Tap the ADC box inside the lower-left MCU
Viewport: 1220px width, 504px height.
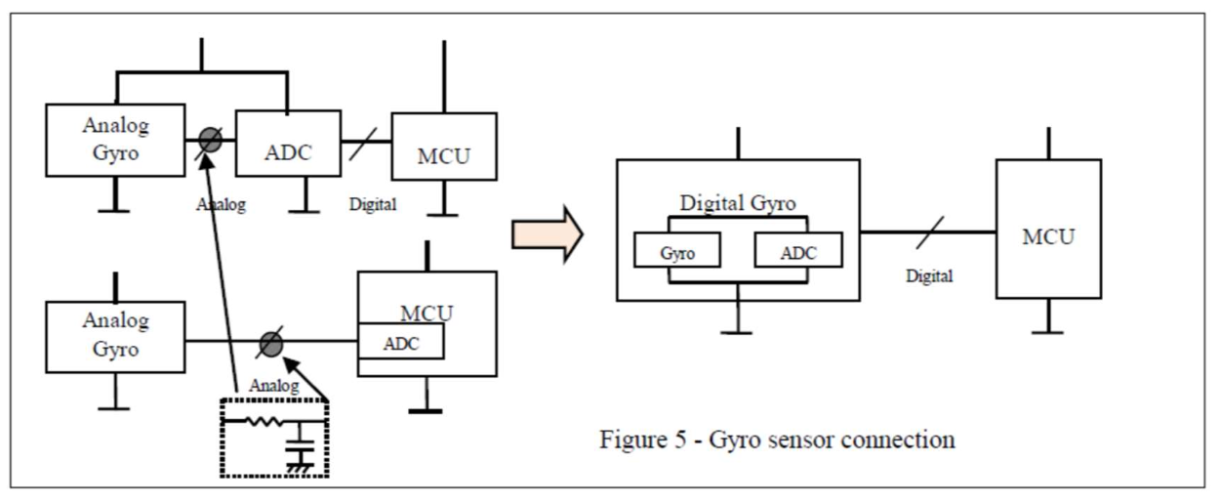pos(401,343)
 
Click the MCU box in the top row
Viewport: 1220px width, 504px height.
pos(444,147)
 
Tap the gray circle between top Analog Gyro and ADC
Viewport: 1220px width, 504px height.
pos(211,140)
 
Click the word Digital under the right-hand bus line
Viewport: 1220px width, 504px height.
pos(928,276)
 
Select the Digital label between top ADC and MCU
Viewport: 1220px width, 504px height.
pos(373,206)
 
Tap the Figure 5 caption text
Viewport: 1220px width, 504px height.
pos(777,440)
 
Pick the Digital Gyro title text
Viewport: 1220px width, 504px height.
pos(738,204)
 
